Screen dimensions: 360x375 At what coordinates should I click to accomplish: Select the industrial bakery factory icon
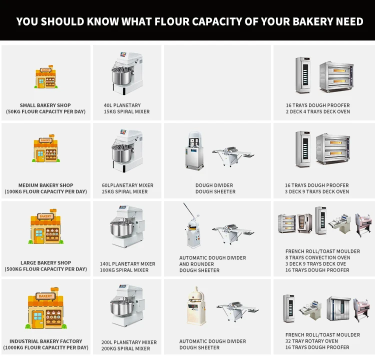click(x=45, y=308)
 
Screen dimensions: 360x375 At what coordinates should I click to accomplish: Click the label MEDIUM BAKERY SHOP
click(x=45, y=185)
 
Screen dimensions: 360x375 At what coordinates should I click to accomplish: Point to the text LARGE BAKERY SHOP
click(x=45, y=263)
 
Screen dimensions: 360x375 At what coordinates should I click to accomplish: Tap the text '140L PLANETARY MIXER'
click(x=128, y=264)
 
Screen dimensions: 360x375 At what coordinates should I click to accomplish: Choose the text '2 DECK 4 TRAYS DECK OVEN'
click(x=317, y=111)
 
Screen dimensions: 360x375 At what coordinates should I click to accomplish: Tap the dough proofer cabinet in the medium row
click(x=303, y=149)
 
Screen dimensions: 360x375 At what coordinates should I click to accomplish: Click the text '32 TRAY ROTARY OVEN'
click(x=311, y=341)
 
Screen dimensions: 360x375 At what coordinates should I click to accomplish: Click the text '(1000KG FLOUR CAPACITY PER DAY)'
click(x=45, y=347)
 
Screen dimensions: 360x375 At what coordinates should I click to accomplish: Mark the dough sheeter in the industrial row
click(x=237, y=307)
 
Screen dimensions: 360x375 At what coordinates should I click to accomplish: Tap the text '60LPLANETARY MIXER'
click(x=127, y=185)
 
